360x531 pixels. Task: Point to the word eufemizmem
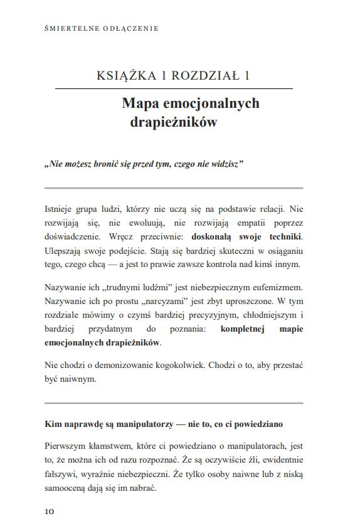[x=276, y=287]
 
